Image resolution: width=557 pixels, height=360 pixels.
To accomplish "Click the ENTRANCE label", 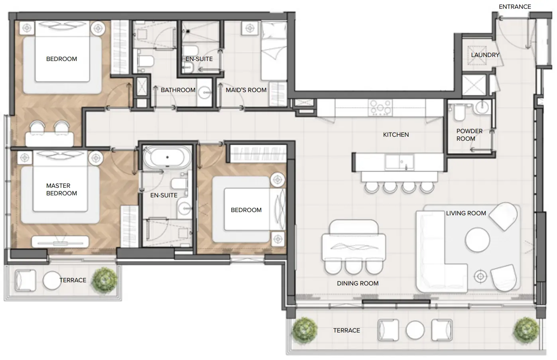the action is (x=515, y=7).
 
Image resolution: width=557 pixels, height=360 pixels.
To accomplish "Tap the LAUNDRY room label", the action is (x=485, y=55).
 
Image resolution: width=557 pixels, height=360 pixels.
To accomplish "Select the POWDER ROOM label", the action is (x=469, y=135).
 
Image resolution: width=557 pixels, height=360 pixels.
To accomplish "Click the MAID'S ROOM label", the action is (x=246, y=90).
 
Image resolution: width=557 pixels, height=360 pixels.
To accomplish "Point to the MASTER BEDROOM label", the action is (x=61, y=189).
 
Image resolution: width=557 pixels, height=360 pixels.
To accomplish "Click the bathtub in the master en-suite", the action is (x=167, y=157).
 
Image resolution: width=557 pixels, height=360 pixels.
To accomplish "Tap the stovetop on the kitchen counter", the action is (x=380, y=107).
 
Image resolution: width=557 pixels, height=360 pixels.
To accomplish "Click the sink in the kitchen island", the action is (x=400, y=162).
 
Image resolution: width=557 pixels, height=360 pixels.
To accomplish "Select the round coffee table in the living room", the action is (x=477, y=240).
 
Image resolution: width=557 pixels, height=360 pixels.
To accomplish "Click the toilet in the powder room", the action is (x=459, y=112).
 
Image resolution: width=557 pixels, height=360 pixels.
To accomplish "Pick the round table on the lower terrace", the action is (x=415, y=330).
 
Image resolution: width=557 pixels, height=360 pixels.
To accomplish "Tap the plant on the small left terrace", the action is (x=104, y=280).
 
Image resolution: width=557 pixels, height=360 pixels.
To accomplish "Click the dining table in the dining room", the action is (x=354, y=247).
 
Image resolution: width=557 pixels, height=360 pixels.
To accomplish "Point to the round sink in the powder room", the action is (x=482, y=108).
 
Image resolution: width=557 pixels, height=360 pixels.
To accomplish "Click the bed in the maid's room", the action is (x=274, y=51).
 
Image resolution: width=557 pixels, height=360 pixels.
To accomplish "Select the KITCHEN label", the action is (x=396, y=135).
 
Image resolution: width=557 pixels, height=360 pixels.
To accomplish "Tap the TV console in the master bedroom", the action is (x=60, y=242).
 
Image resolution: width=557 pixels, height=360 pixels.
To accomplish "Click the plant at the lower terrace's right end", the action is (x=527, y=330).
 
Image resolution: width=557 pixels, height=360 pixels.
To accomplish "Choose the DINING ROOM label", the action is (x=358, y=283).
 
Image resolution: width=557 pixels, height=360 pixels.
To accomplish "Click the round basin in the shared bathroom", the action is (x=205, y=93).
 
